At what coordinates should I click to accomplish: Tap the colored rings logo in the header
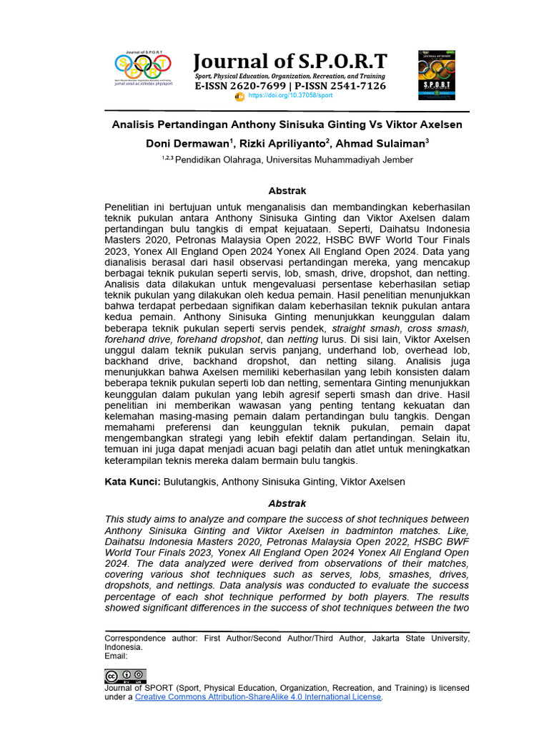pyautogui.click(x=143, y=67)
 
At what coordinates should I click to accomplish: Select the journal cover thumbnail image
pyautogui.click(x=436, y=74)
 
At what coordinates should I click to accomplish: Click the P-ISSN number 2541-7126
pyautogui.click(x=350, y=86)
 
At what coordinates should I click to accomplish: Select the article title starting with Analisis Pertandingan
pyautogui.click(x=287, y=125)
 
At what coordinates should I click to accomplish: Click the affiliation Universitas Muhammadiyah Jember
pyautogui.click(x=339, y=160)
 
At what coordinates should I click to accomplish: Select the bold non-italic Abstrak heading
pyautogui.click(x=287, y=191)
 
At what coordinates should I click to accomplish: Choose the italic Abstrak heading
pyautogui.click(x=287, y=503)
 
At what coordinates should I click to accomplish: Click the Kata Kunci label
pyautogui.click(x=132, y=482)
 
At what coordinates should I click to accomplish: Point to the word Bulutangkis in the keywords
pyautogui.click(x=189, y=482)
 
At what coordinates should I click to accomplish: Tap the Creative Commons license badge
pyautogui.click(x=125, y=676)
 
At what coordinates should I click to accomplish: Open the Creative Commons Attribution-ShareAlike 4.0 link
pyautogui.click(x=258, y=696)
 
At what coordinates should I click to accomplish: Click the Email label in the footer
pyautogui.click(x=116, y=656)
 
